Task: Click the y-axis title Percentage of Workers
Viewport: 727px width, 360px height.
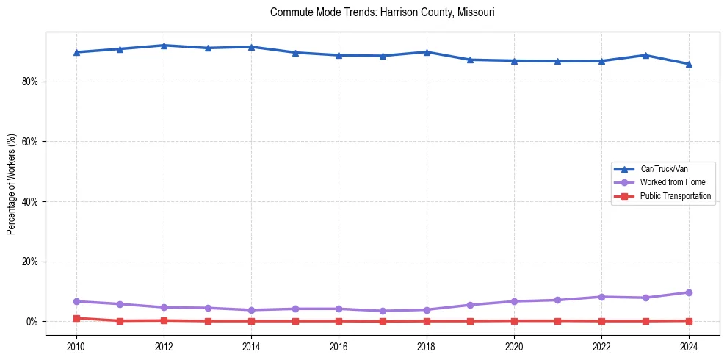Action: click(11, 184)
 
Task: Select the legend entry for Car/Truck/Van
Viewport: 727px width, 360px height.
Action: click(664, 169)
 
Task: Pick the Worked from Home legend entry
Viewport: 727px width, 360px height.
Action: click(669, 182)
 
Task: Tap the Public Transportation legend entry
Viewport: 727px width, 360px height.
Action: click(675, 196)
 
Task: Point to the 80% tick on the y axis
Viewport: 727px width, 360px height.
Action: click(29, 82)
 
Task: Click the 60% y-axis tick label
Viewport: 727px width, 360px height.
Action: click(29, 142)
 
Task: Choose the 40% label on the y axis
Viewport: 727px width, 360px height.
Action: click(29, 202)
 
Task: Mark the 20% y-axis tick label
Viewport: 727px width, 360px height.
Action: click(29, 262)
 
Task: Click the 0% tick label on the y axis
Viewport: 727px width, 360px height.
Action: click(32, 322)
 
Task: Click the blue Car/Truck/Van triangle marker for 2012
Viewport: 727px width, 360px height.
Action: click(164, 46)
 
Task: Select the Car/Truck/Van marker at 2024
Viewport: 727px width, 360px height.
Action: click(689, 64)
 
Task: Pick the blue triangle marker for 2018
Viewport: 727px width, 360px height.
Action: click(426, 52)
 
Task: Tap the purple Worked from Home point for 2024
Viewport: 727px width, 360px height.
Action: click(689, 292)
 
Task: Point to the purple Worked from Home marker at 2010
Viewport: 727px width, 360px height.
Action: click(76, 301)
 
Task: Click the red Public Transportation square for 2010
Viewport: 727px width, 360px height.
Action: click(76, 318)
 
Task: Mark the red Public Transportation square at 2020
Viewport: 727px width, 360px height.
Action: click(514, 320)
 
